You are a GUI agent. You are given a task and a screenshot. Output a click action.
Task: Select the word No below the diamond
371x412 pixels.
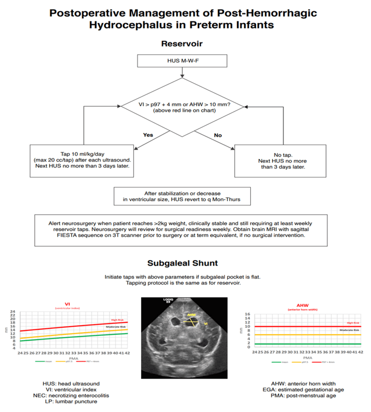point(217,135)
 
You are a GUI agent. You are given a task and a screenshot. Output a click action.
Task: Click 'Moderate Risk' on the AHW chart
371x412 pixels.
point(349,330)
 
